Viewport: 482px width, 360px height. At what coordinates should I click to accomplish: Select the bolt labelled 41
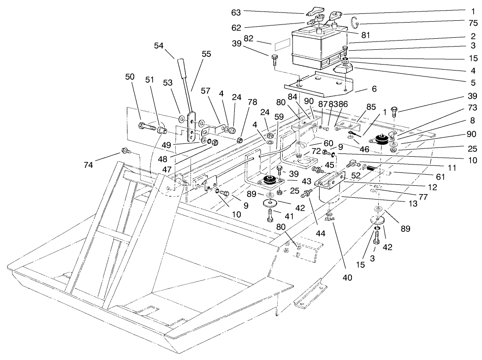tap(270, 215)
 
